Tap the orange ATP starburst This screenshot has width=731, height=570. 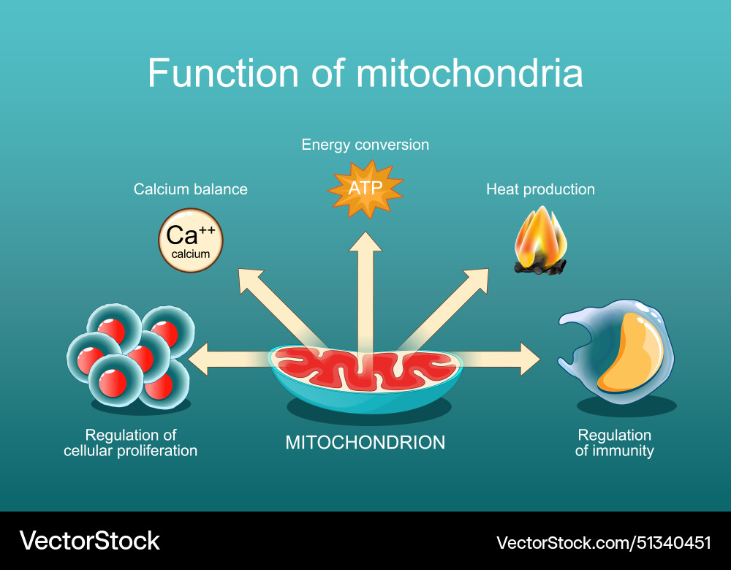click(x=365, y=189)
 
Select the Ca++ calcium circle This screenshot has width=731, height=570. click(x=191, y=240)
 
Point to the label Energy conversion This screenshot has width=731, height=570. click(x=365, y=145)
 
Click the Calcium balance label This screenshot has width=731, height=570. click(x=190, y=189)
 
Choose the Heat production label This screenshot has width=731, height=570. click(x=540, y=189)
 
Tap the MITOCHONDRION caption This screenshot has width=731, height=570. click(x=365, y=442)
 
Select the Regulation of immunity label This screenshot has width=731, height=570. click(x=614, y=443)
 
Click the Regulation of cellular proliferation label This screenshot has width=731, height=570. click(x=130, y=443)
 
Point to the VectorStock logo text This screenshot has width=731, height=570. click(x=89, y=541)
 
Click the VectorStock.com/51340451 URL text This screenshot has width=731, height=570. click(x=603, y=542)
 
